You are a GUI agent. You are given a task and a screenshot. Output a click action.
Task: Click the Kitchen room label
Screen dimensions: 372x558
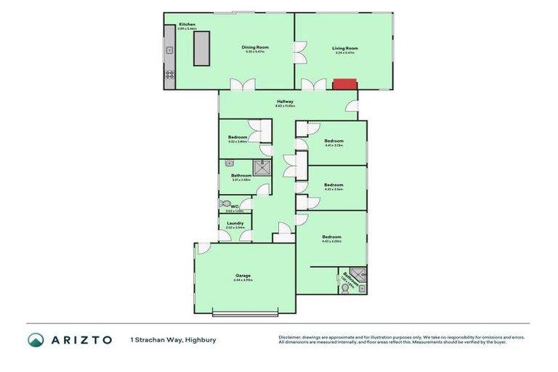click(x=187, y=25)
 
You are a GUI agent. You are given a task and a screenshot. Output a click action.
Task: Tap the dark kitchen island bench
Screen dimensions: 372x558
click(x=201, y=49)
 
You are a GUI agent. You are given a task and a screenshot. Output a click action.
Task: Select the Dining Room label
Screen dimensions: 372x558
click(x=256, y=48)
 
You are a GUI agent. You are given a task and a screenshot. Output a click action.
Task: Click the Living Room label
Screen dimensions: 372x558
click(x=346, y=49)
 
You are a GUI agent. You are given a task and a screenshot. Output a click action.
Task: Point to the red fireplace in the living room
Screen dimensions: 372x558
click(x=344, y=84)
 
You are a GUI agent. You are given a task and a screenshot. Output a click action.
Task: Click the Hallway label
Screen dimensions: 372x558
click(x=284, y=102)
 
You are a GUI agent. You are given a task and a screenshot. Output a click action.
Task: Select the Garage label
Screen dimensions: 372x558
click(x=243, y=275)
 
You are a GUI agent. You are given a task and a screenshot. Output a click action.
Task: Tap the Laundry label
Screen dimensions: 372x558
click(x=235, y=223)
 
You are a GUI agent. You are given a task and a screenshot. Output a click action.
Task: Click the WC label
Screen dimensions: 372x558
click(x=235, y=206)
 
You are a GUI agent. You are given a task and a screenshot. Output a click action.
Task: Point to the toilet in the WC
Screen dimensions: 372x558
click(x=225, y=204)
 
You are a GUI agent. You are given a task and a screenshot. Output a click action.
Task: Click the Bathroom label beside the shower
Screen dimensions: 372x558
click(x=241, y=175)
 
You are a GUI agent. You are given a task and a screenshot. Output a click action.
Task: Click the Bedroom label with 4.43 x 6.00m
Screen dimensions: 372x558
click(x=331, y=237)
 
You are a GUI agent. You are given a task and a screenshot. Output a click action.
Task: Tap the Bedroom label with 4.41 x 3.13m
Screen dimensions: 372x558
click(x=333, y=140)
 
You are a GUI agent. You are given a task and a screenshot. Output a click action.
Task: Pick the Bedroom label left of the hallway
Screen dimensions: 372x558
click(x=238, y=137)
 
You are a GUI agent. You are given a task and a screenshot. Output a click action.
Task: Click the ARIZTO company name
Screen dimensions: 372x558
click(x=81, y=339)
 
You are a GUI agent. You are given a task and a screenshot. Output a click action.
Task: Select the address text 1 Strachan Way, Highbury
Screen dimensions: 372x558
click(x=173, y=339)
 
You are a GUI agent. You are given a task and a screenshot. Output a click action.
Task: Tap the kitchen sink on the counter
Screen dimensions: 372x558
click(x=169, y=51)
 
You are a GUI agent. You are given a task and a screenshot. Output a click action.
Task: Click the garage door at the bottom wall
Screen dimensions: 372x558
click(x=246, y=313)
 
